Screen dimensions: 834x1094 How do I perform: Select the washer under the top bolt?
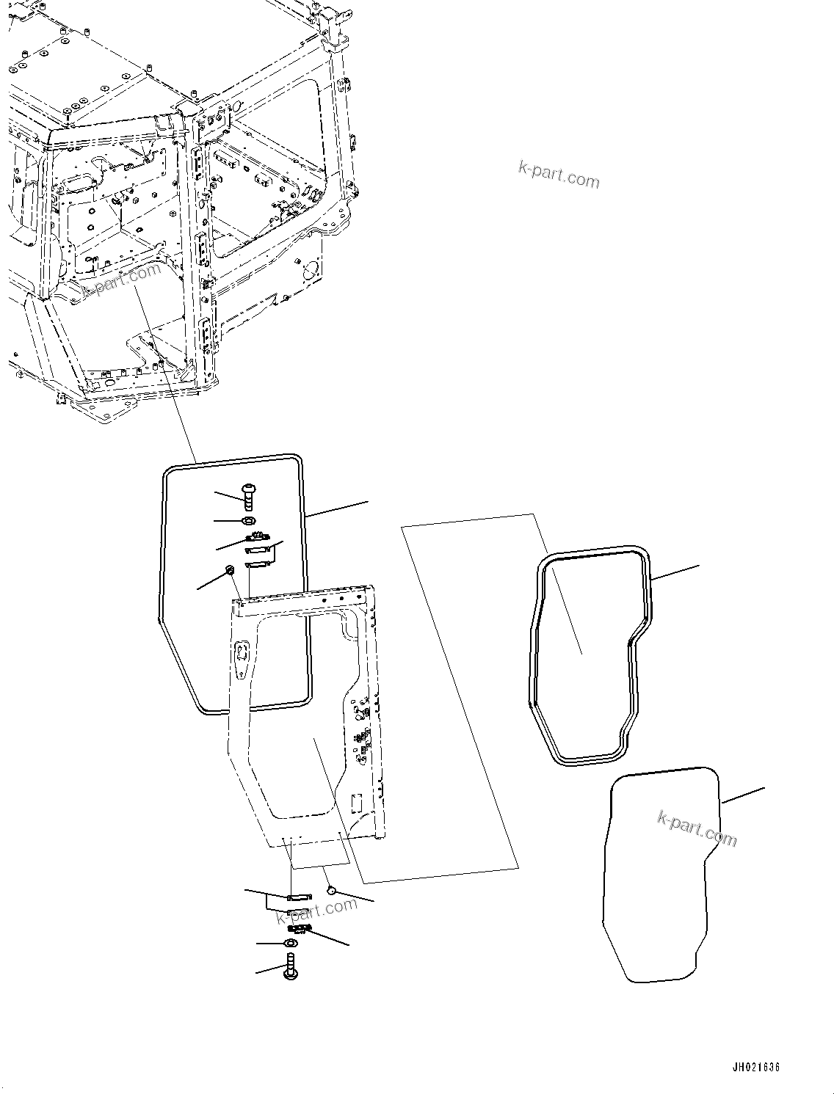pos(249,520)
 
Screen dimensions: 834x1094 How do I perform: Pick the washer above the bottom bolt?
pos(291,943)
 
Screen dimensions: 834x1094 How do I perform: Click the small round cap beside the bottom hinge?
pos(331,889)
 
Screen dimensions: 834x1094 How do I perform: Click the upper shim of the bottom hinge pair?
pos(299,897)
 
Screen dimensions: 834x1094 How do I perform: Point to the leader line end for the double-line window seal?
pos(698,566)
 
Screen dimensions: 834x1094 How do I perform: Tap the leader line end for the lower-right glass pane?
pos(764,789)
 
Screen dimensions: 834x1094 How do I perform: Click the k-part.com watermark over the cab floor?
pos(122,281)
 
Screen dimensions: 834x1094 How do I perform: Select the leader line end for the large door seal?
pos(367,502)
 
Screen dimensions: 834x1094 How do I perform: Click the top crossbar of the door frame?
pos(301,601)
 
